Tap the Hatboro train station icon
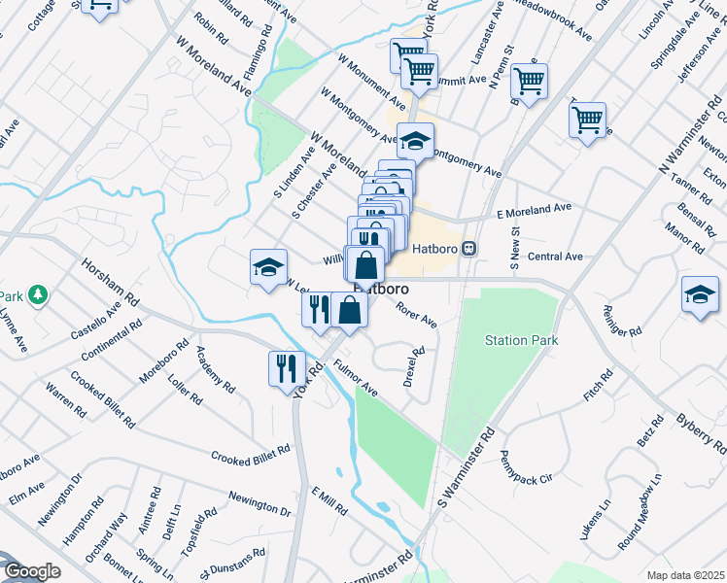click(469, 248)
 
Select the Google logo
click(31, 571)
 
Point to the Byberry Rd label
click(701, 430)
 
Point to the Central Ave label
click(554, 257)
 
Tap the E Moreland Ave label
click(534, 209)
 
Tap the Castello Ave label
click(93, 323)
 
